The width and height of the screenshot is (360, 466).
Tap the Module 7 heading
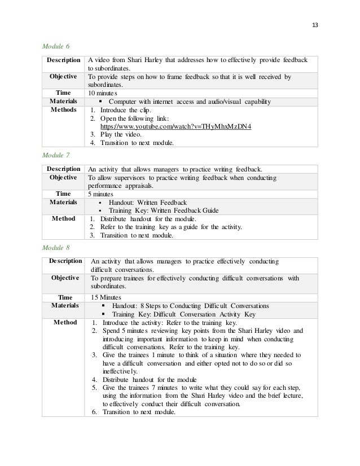click(x=56, y=154)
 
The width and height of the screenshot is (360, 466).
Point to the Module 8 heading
click(x=56, y=247)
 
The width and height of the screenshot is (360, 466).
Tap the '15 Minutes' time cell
click(x=107, y=297)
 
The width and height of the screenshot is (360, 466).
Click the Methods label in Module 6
click(x=62, y=110)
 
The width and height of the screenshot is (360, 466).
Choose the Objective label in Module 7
click(x=63, y=177)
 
